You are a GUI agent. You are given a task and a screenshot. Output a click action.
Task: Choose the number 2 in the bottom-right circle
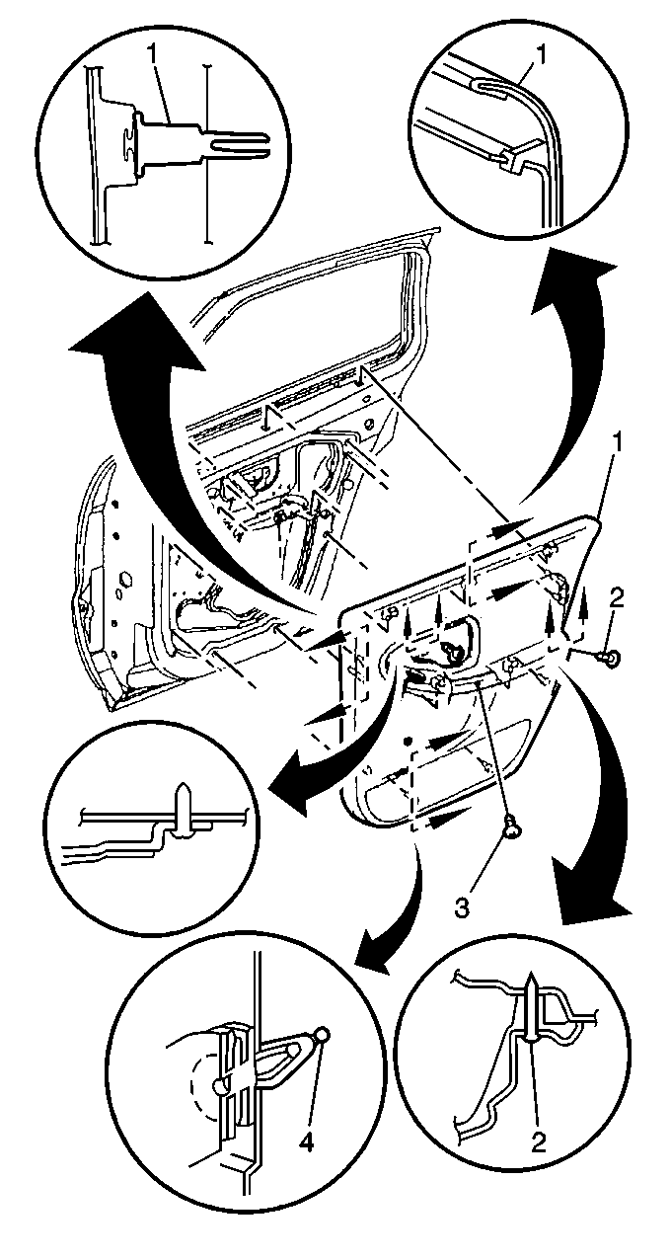[538, 1142]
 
